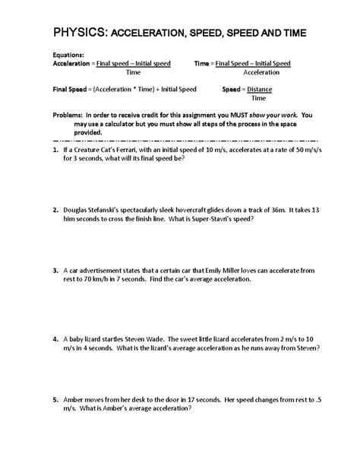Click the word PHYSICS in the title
pyautogui.click(x=80, y=32)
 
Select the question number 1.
pyautogui.click(x=56, y=151)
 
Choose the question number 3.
pyautogui.click(x=56, y=269)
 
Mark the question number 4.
pyautogui.click(x=56, y=338)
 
